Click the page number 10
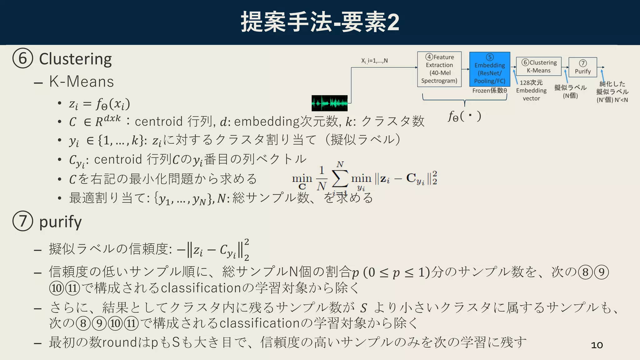[x=597, y=345]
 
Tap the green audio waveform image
[x=329, y=103]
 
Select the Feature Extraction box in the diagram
[x=439, y=69]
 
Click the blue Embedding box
[x=489, y=69]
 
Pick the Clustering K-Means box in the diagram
[x=538, y=66]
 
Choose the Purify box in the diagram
[x=582, y=67]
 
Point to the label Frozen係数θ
[x=489, y=91]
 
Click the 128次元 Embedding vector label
[x=531, y=90]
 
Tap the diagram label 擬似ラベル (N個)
[x=570, y=91]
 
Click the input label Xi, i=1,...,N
[x=374, y=61]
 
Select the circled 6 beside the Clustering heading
[x=22, y=58]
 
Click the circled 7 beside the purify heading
[x=22, y=221]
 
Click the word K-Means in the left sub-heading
[x=82, y=82]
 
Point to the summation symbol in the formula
[x=340, y=178]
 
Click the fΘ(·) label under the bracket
[x=464, y=116]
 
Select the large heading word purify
[x=60, y=222]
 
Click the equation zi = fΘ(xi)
[x=99, y=104]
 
